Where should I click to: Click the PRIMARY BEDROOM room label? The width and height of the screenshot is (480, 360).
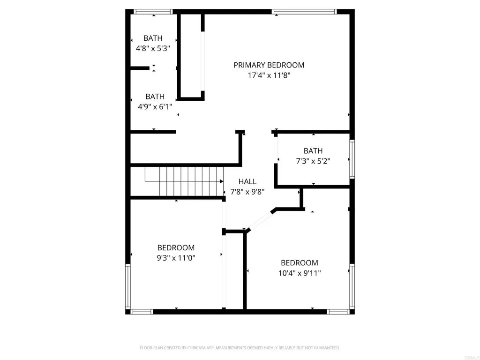(x=269, y=65)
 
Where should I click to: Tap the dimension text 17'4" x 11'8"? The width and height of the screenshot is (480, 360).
(x=269, y=75)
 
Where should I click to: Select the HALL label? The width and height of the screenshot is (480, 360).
(x=247, y=181)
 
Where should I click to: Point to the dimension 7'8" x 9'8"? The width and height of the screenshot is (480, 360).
(x=247, y=191)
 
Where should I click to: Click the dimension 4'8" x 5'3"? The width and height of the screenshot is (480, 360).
(x=153, y=48)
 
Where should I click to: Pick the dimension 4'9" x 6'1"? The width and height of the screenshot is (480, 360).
(x=155, y=106)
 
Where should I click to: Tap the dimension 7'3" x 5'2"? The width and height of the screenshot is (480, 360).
(x=313, y=161)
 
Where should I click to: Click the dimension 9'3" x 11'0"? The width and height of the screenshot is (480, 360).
(x=176, y=257)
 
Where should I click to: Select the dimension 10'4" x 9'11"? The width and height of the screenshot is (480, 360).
(x=299, y=272)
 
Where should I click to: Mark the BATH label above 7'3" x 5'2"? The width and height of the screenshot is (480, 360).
(x=313, y=151)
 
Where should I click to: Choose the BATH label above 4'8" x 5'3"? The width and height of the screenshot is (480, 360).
(x=153, y=38)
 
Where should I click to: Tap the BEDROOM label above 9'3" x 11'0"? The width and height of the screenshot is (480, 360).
(x=176, y=247)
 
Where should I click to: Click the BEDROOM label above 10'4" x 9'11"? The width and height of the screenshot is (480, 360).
(x=299, y=262)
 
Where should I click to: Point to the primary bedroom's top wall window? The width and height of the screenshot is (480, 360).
(x=304, y=11)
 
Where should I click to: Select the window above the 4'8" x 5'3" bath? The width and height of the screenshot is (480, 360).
(x=153, y=11)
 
